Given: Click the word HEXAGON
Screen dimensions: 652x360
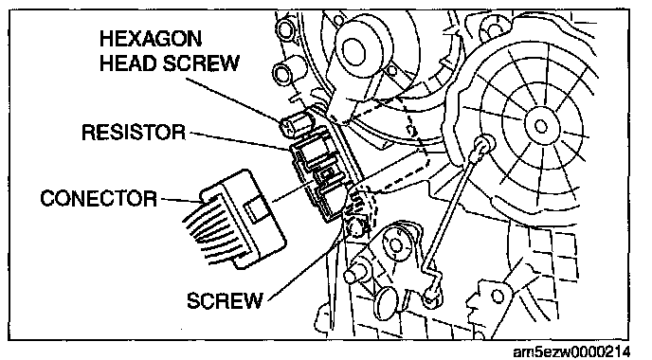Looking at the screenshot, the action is [x=151, y=39].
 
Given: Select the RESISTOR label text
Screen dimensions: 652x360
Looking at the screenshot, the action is [x=134, y=133].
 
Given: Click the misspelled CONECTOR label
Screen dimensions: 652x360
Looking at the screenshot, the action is [x=99, y=198].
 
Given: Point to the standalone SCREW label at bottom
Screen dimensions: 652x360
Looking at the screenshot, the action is [x=225, y=300].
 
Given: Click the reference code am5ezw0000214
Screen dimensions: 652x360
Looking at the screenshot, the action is [x=571, y=351].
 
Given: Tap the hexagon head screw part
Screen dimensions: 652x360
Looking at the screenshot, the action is [x=296, y=122].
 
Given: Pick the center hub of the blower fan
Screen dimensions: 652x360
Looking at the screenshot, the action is [x=540, y=125].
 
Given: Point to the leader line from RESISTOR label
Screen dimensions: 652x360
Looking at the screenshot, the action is [x=240, y=140].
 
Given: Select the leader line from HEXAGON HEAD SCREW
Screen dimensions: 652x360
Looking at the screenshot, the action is [x=234, y=99].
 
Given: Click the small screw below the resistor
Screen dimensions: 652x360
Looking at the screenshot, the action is [x=356, y=226].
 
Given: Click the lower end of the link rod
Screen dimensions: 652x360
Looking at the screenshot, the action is [x=431, y=296].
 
